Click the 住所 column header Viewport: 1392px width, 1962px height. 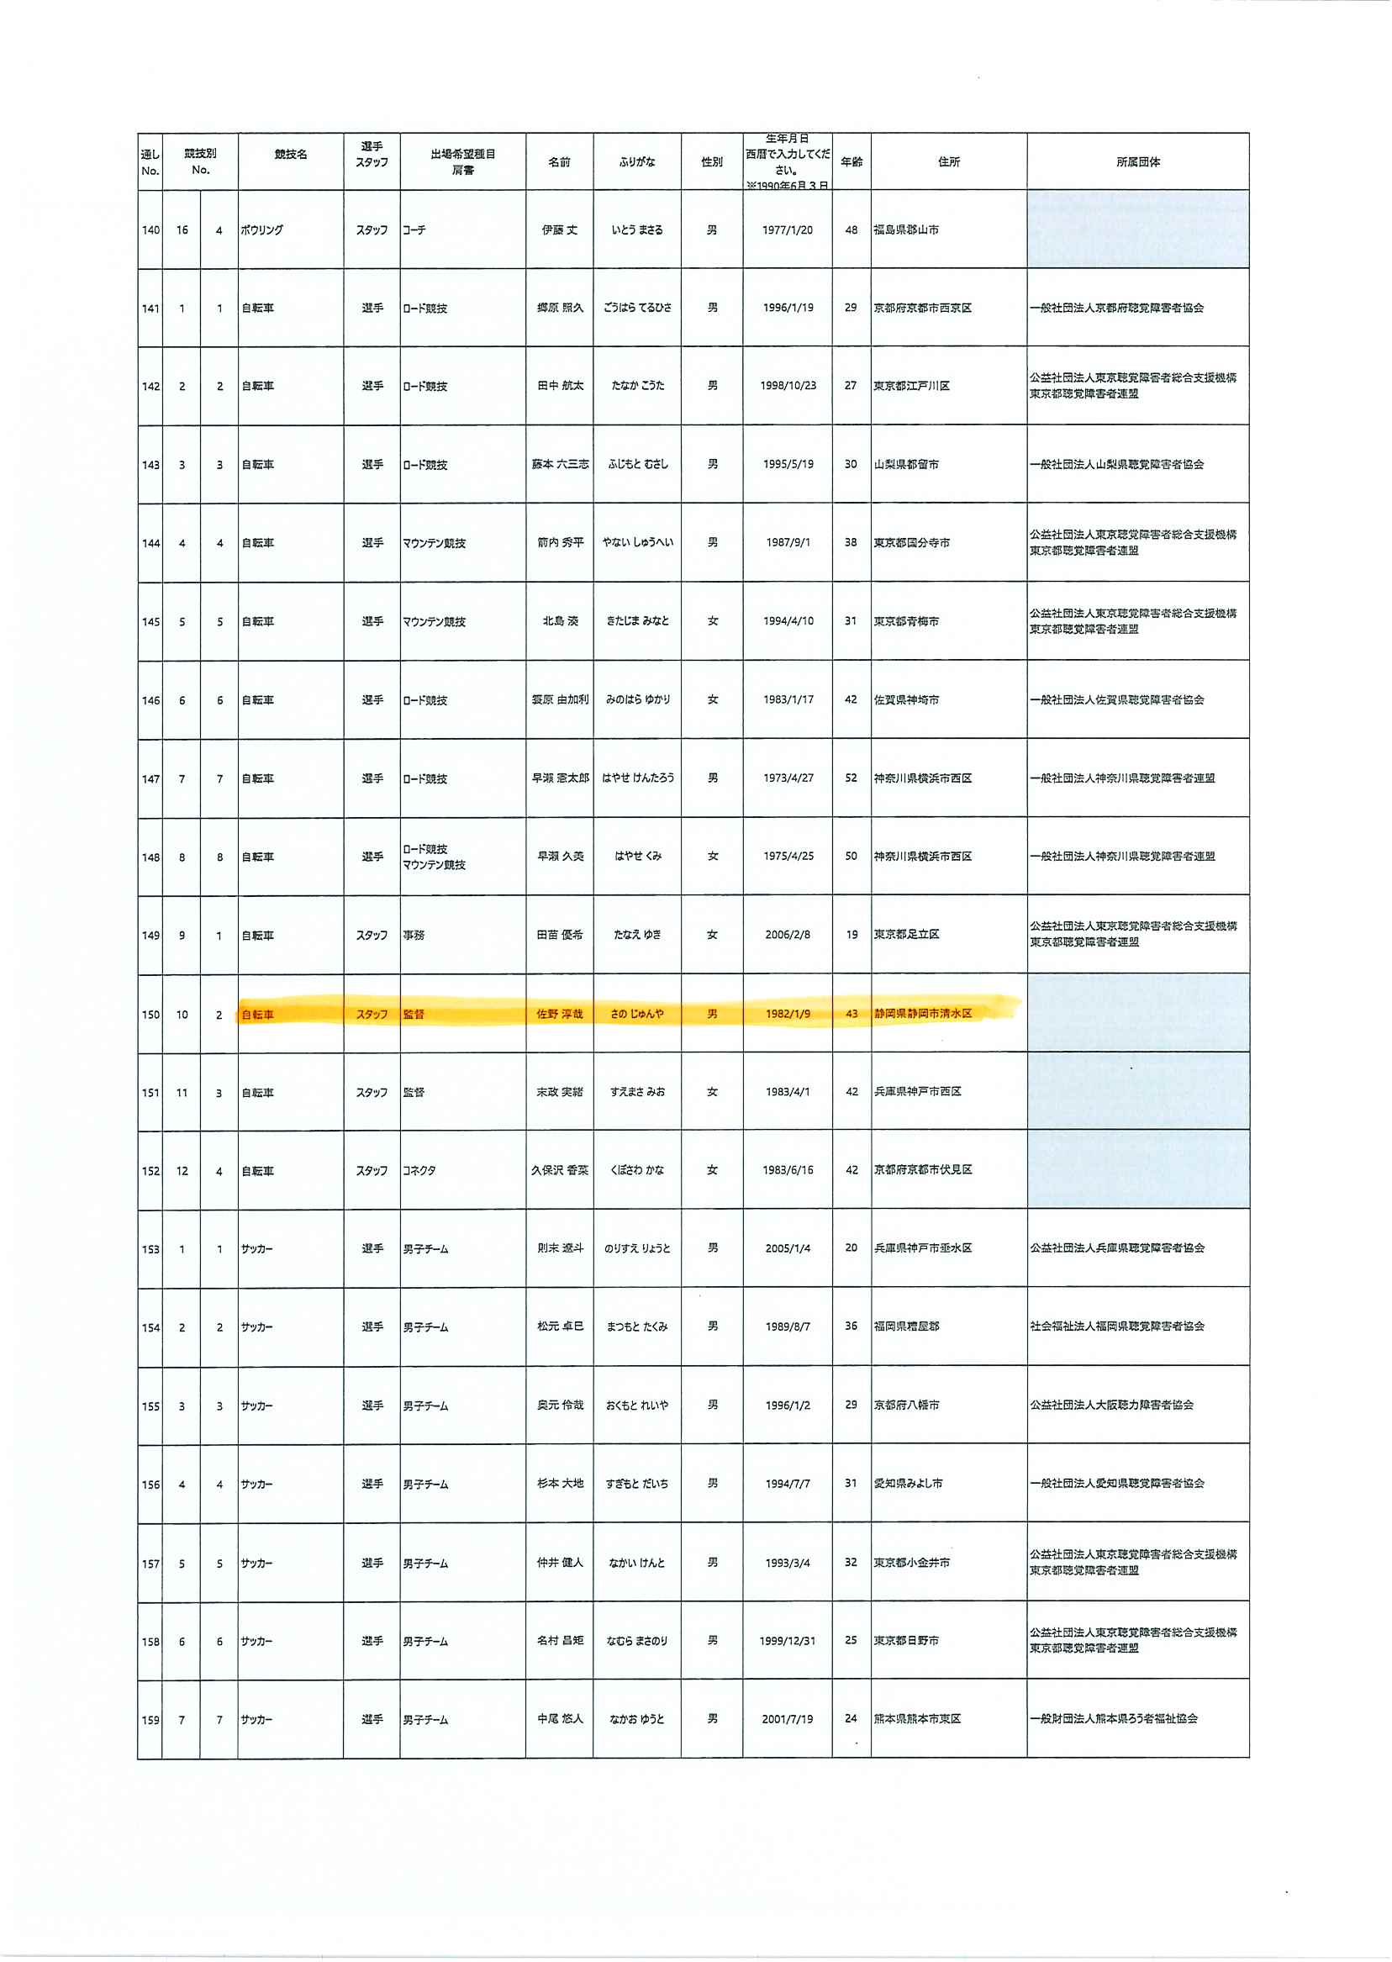949,162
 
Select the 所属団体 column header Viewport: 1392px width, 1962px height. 1137,162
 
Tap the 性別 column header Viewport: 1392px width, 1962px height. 711,162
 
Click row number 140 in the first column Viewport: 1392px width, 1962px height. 150,230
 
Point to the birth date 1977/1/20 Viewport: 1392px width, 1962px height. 787,229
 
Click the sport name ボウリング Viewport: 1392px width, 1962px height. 261,230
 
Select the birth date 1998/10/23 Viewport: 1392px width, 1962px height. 788,386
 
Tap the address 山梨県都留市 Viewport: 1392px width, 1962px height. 906,465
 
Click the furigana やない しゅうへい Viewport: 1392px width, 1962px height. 637,542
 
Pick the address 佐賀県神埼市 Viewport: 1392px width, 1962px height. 906,700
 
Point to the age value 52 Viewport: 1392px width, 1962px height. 852,778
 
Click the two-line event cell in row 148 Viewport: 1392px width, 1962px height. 434,857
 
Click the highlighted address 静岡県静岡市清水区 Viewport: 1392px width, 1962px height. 923,1014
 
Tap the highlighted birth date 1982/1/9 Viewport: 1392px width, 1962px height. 787,1014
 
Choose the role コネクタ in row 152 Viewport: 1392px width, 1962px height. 419,1171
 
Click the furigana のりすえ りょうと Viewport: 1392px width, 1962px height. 637,1249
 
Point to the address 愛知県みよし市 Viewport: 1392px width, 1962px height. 908,1484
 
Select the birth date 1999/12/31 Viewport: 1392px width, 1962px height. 787,1642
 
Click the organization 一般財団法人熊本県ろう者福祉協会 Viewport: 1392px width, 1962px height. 1114,1719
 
